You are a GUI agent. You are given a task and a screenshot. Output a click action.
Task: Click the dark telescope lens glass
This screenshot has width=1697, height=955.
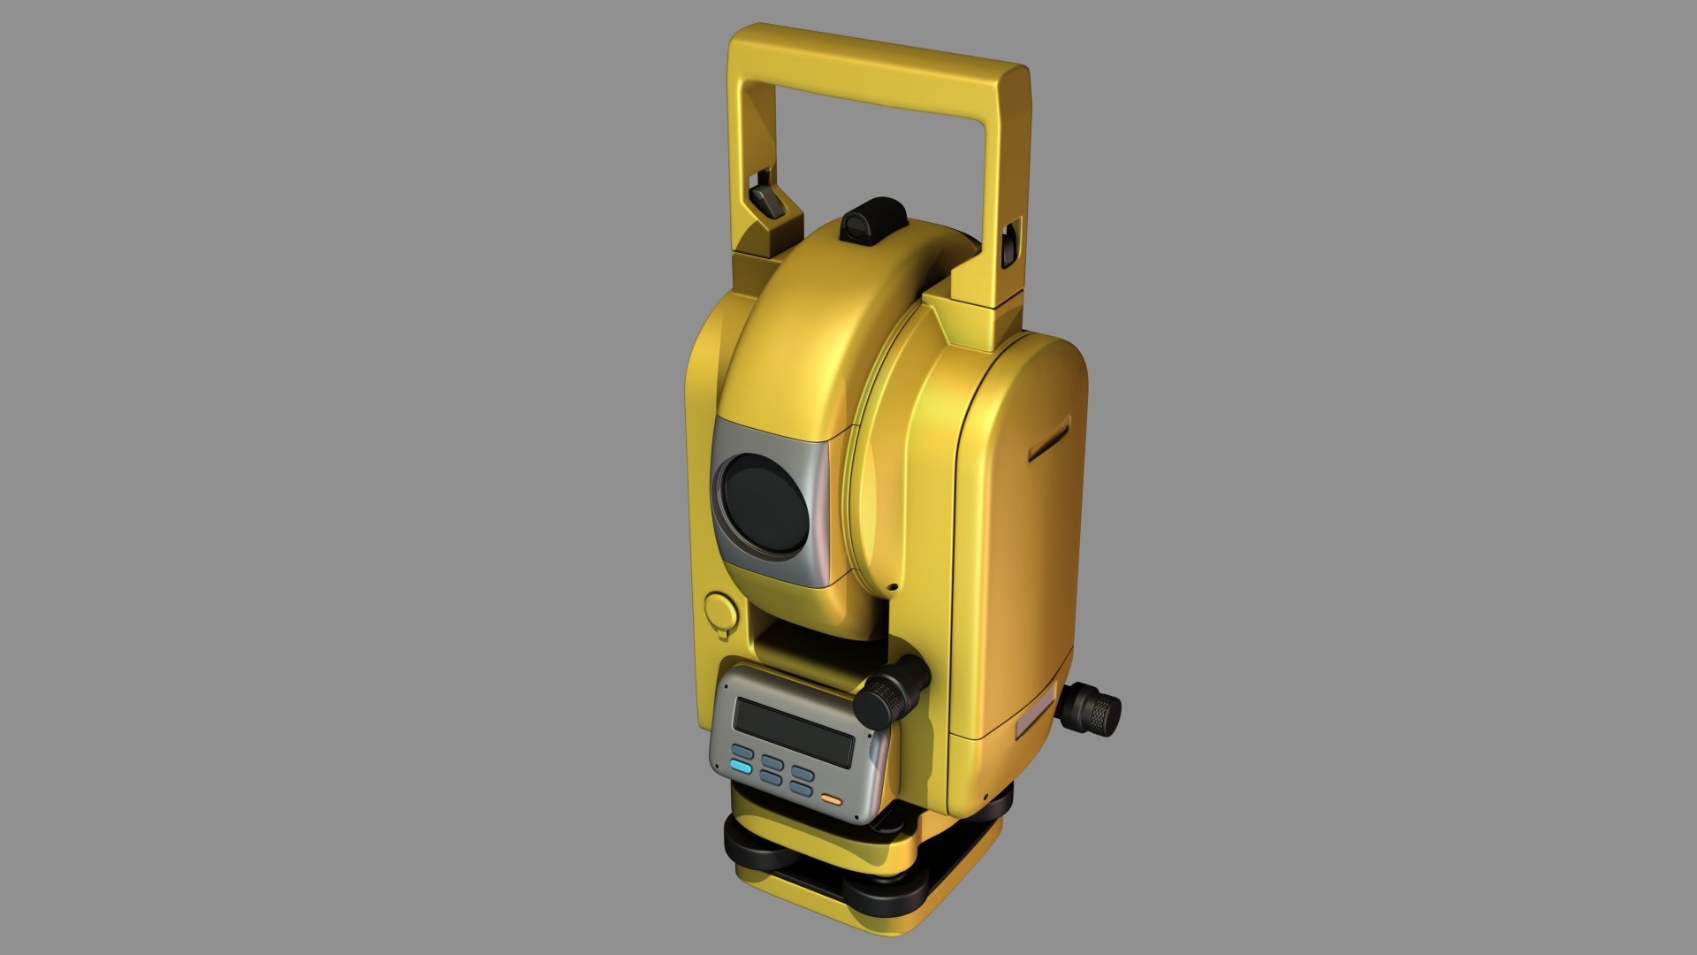pos(765,506)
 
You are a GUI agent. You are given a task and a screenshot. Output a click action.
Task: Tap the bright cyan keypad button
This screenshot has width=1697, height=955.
pos(741,768)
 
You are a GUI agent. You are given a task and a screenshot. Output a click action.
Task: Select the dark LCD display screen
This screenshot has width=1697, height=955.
pos(793,732)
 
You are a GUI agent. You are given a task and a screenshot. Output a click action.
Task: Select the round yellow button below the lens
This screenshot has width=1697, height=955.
pos(720,609)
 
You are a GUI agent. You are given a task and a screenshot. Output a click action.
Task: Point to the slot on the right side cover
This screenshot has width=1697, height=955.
pos(1049,439)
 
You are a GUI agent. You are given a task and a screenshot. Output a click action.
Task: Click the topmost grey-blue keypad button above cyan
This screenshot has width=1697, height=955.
pos(742,753)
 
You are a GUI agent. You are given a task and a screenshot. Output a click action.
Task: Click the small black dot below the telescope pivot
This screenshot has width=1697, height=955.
pos(894,587)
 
